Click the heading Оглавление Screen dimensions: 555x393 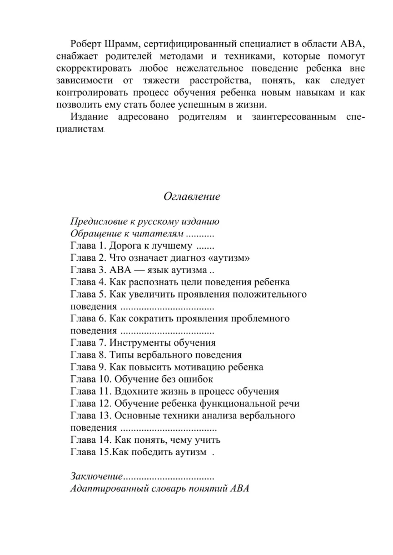click(192, 196)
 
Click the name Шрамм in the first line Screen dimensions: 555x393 click(125, 43)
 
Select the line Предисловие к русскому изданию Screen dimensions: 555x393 click(145, 221)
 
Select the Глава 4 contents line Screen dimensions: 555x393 click(180, 282)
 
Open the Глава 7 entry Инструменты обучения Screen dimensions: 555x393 click(143, 343)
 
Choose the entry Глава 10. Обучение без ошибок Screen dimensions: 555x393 click(142, 380)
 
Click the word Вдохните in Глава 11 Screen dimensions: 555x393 click(138, 392)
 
